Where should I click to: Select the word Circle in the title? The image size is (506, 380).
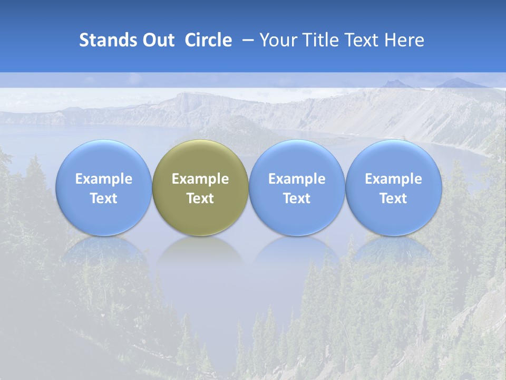coord(208,40)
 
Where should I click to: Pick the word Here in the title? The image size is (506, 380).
coord(404,40)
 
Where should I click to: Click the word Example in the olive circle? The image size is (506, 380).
coord(200,179)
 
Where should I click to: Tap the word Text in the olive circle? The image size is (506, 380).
coord(200,198)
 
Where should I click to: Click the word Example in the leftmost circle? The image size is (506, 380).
coord(103,179)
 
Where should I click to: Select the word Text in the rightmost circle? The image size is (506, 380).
coord(393,198)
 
